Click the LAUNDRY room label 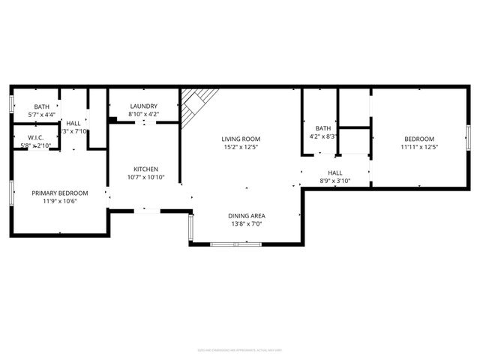coord(143,106)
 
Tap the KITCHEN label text coord(145,169)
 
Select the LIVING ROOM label coord(241,139)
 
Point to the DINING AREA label coord(247,216)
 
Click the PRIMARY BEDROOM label coord(60,193)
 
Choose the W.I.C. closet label coord(36,138)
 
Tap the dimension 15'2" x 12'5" coord(241,147)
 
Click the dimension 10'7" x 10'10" coord(145,177)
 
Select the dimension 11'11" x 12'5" coord(419,147)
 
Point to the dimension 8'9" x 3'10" coord(334,180)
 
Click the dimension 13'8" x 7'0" coord(247,224)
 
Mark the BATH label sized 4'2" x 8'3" coord(323,128)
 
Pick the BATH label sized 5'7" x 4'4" coord(41,106)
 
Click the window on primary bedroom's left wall coord(11,192)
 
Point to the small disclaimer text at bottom coord(240,349)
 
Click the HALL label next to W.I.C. coord(73,123)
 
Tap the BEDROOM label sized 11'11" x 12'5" coord(419,139)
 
